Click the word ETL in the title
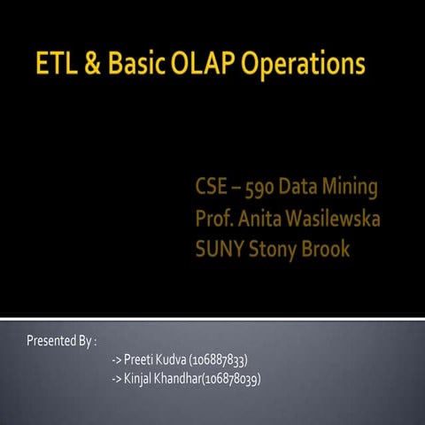(56, 64)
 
